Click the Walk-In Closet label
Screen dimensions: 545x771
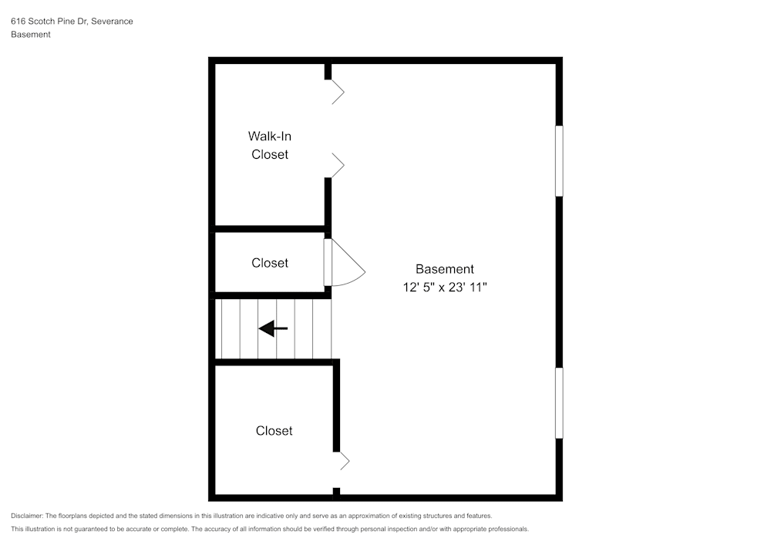[269, 145]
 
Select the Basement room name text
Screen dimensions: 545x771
[444, 269]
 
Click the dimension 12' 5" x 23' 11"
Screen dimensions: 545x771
[444, 287]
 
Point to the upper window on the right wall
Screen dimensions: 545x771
[559, 160]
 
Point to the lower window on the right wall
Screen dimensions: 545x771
[559, 403]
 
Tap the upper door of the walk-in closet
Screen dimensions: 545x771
[337, 93]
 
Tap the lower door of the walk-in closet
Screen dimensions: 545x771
[337, 164]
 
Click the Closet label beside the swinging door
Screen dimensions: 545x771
[270, 263]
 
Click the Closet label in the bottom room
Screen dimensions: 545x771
[274, 431]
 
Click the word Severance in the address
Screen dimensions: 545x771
[112, 22]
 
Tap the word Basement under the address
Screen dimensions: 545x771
[31, 35]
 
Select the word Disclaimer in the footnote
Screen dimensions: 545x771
[27, 516]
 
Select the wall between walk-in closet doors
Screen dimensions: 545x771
[328, 128]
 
